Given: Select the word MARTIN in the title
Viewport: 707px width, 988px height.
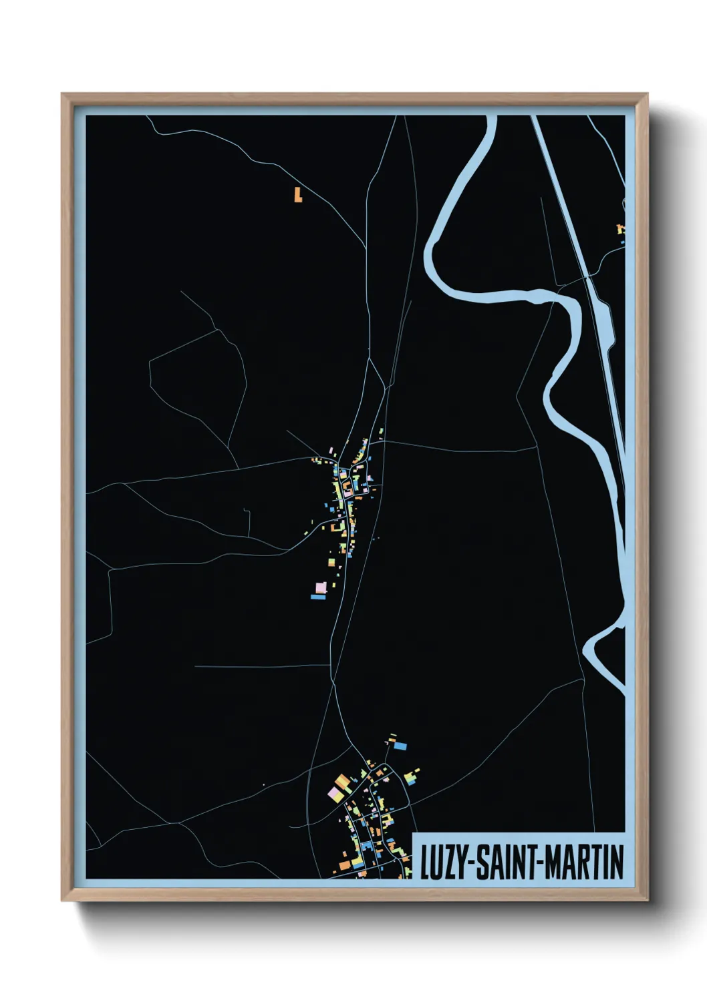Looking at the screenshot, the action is click(x=584, y=862).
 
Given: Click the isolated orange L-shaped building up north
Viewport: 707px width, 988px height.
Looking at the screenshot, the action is click(x=298, y=194).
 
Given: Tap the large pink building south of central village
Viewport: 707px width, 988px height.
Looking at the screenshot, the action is click(x=321, y=587).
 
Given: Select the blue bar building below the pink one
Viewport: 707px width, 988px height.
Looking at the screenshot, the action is click(x=319, y=597).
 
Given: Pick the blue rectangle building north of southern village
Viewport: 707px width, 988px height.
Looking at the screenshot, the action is click(x=400, y=746).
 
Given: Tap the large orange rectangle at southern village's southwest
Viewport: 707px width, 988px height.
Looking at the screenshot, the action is click(x=345, y=865).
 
